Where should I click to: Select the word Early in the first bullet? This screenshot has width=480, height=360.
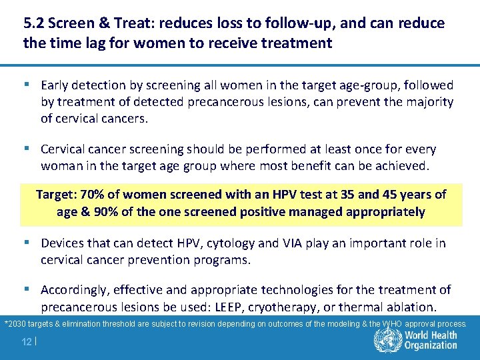tap(55, 85)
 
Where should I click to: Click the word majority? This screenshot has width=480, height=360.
tap(427, 102)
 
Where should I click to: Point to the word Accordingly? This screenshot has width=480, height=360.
tap(74, 290)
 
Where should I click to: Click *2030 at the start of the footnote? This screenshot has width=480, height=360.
tap(15, 324)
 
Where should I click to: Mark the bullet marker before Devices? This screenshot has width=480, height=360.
tap(31, 243)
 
